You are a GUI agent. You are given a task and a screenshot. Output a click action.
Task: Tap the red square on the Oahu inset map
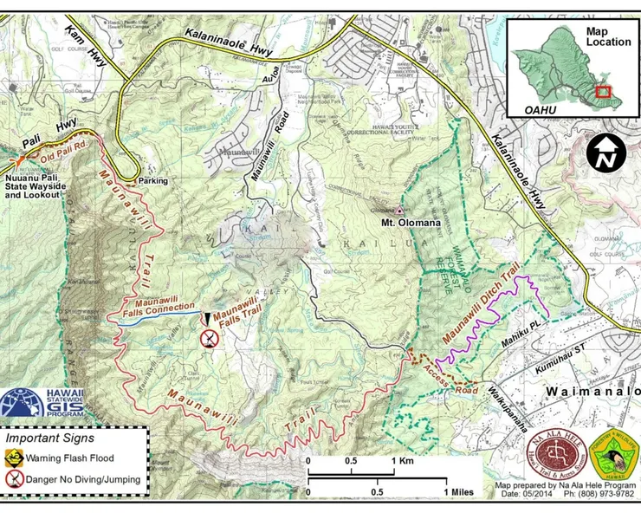(603, 91)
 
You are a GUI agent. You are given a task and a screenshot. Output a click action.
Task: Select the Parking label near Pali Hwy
(152, 181)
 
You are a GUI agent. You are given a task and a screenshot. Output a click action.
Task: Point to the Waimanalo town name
(592, 392)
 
